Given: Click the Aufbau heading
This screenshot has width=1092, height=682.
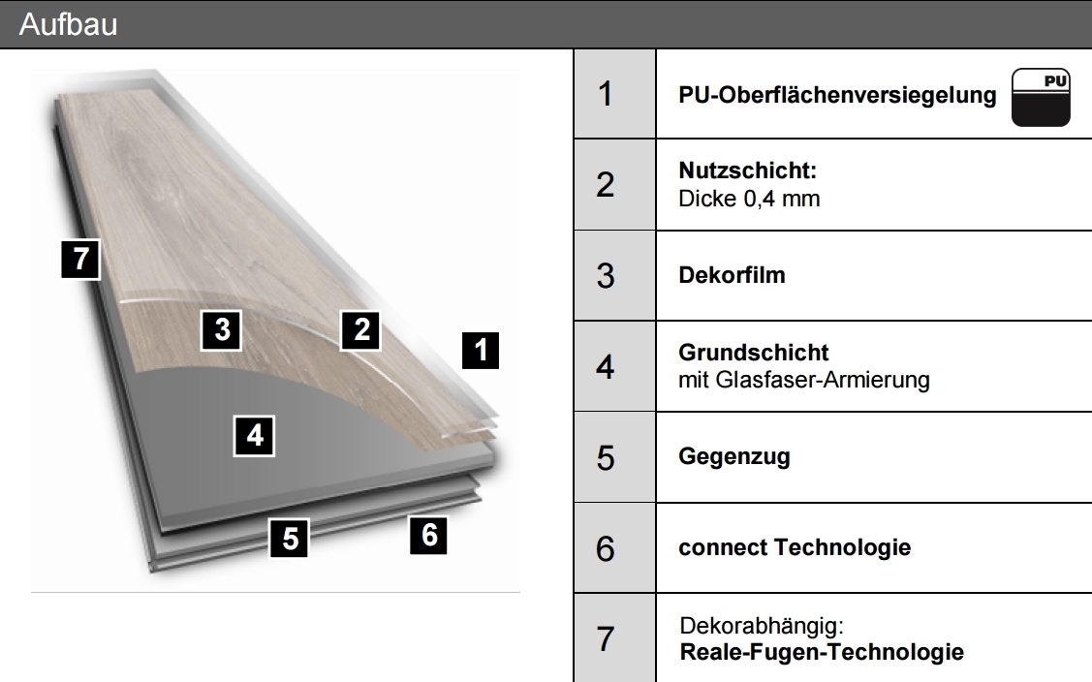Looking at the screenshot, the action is [x=68, y=24].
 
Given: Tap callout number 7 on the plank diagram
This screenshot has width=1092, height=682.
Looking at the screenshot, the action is [x=80, y=260].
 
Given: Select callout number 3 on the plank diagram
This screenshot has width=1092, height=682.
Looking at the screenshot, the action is [x=222, y=330].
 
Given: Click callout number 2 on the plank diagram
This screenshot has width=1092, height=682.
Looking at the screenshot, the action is [x=360, y=330].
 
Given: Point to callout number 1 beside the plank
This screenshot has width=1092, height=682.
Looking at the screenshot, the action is [x=481, y=350].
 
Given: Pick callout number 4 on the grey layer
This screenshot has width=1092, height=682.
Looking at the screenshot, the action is [x=254, y=436].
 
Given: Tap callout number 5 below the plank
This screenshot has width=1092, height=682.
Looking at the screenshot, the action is [x=290, y=538].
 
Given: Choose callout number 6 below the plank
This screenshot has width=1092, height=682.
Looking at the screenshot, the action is [x=429, y=535].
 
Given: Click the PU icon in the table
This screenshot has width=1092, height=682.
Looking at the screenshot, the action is [x=1041, y=98].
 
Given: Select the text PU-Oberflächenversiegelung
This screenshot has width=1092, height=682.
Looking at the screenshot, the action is [x=837, y=95].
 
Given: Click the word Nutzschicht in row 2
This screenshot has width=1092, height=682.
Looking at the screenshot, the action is [x=747, y=170].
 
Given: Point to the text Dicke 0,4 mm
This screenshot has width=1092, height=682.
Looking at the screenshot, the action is [x=749, y=199].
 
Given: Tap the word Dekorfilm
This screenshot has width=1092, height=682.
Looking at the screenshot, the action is [x=732, y=275].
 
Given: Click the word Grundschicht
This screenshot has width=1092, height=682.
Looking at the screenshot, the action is [x=754, y=353].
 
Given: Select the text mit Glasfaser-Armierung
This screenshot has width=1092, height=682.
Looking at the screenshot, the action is [x=804, y=380].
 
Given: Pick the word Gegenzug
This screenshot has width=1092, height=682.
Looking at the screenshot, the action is [x=734, y=457].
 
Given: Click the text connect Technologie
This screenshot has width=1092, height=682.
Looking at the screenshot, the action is [x=795, y=547].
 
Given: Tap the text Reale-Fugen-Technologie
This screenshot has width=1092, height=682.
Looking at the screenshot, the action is [x=822, y=652].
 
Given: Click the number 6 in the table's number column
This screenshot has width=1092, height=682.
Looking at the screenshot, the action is [x=606, y=548].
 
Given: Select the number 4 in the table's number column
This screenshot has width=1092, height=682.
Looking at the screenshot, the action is [x=606, y=367].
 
